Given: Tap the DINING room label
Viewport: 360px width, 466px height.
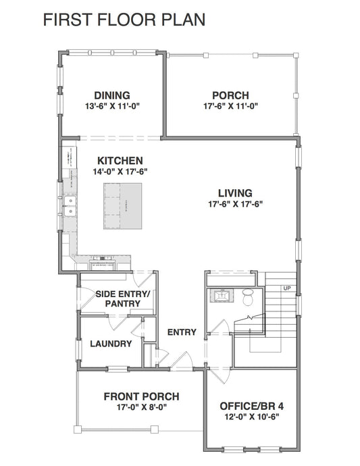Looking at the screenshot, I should click(111, 95).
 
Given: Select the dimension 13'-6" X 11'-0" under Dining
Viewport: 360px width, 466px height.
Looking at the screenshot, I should click(111, 106).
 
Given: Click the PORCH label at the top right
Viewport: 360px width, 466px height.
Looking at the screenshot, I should click(230, 95).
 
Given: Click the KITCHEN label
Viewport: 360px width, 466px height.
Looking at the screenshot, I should click(120, 161).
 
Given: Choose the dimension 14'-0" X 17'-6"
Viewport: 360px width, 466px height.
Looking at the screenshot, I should click(120, 172).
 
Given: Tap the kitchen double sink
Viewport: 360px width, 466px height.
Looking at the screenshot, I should click(70, 206).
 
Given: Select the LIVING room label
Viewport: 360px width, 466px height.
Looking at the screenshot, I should click(235, 192).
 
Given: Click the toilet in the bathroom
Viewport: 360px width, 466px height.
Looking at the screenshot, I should click(247, 295).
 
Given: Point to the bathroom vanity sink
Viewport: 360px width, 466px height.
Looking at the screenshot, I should click(222, 295).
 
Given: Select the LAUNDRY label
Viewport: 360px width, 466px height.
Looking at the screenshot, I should click(111, 344).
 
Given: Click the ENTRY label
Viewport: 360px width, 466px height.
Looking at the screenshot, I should click(182, 332).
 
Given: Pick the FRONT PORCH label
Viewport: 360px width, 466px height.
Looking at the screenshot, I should click(141, 396).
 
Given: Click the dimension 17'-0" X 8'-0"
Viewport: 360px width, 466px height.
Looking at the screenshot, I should click(141, 407).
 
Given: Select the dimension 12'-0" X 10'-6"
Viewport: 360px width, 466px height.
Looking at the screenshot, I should click(251, 417).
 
